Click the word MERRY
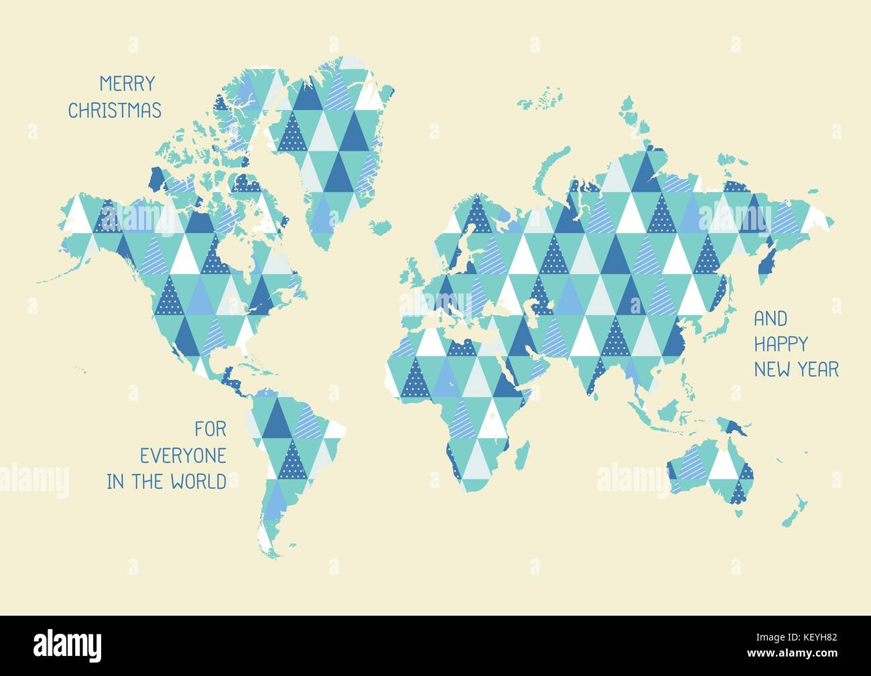[127, 84]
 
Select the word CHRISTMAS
[115, 110]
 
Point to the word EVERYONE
[182, 455]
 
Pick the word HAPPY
[781, 344]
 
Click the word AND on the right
[770, 318]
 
